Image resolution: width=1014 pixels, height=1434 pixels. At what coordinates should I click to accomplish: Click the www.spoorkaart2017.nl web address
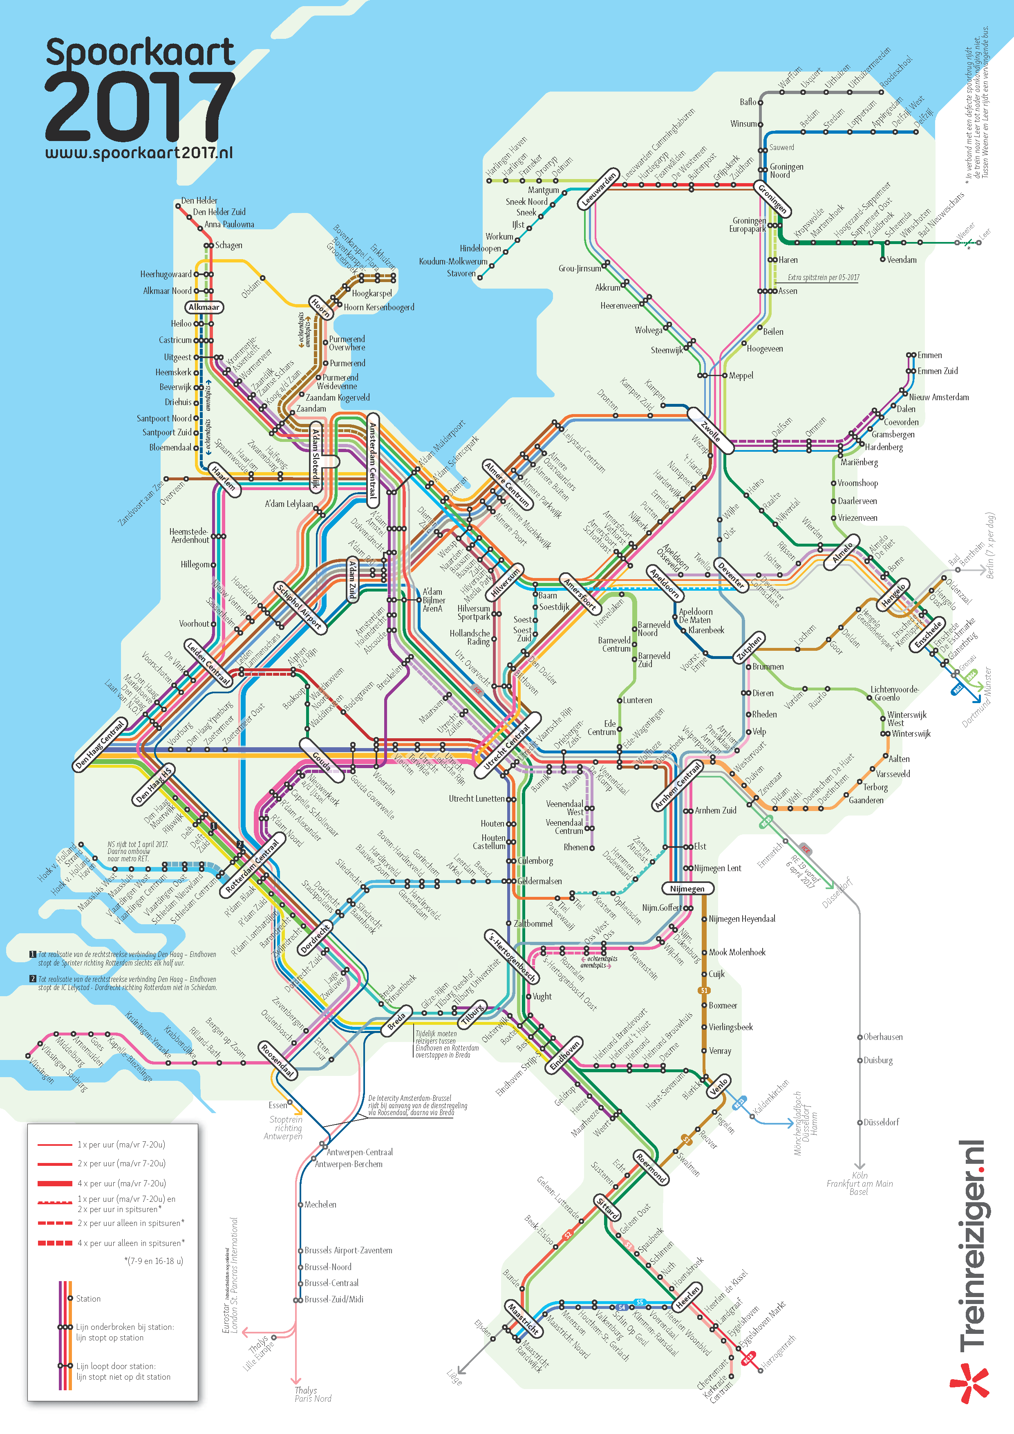point(139,153)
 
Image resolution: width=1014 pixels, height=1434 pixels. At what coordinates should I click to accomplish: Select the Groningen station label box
point(773,199)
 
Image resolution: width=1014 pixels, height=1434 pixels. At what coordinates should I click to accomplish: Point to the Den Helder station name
point(199,200)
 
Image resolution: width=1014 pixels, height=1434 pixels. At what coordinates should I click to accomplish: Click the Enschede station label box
point(929,634)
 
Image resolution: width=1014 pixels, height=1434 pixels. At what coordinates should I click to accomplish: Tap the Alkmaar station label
point(204,307)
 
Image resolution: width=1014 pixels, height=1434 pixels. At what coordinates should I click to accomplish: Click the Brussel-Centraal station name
point(331,1283)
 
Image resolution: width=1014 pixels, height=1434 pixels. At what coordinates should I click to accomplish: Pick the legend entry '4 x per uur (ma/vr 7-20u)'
point(121,1183)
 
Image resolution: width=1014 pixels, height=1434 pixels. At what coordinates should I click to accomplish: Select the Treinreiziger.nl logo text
point(971,1243)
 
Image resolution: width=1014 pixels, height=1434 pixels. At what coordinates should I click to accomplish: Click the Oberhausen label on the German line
point(882,1037)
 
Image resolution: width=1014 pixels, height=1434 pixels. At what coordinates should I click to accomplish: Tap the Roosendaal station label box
point(277,1060)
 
